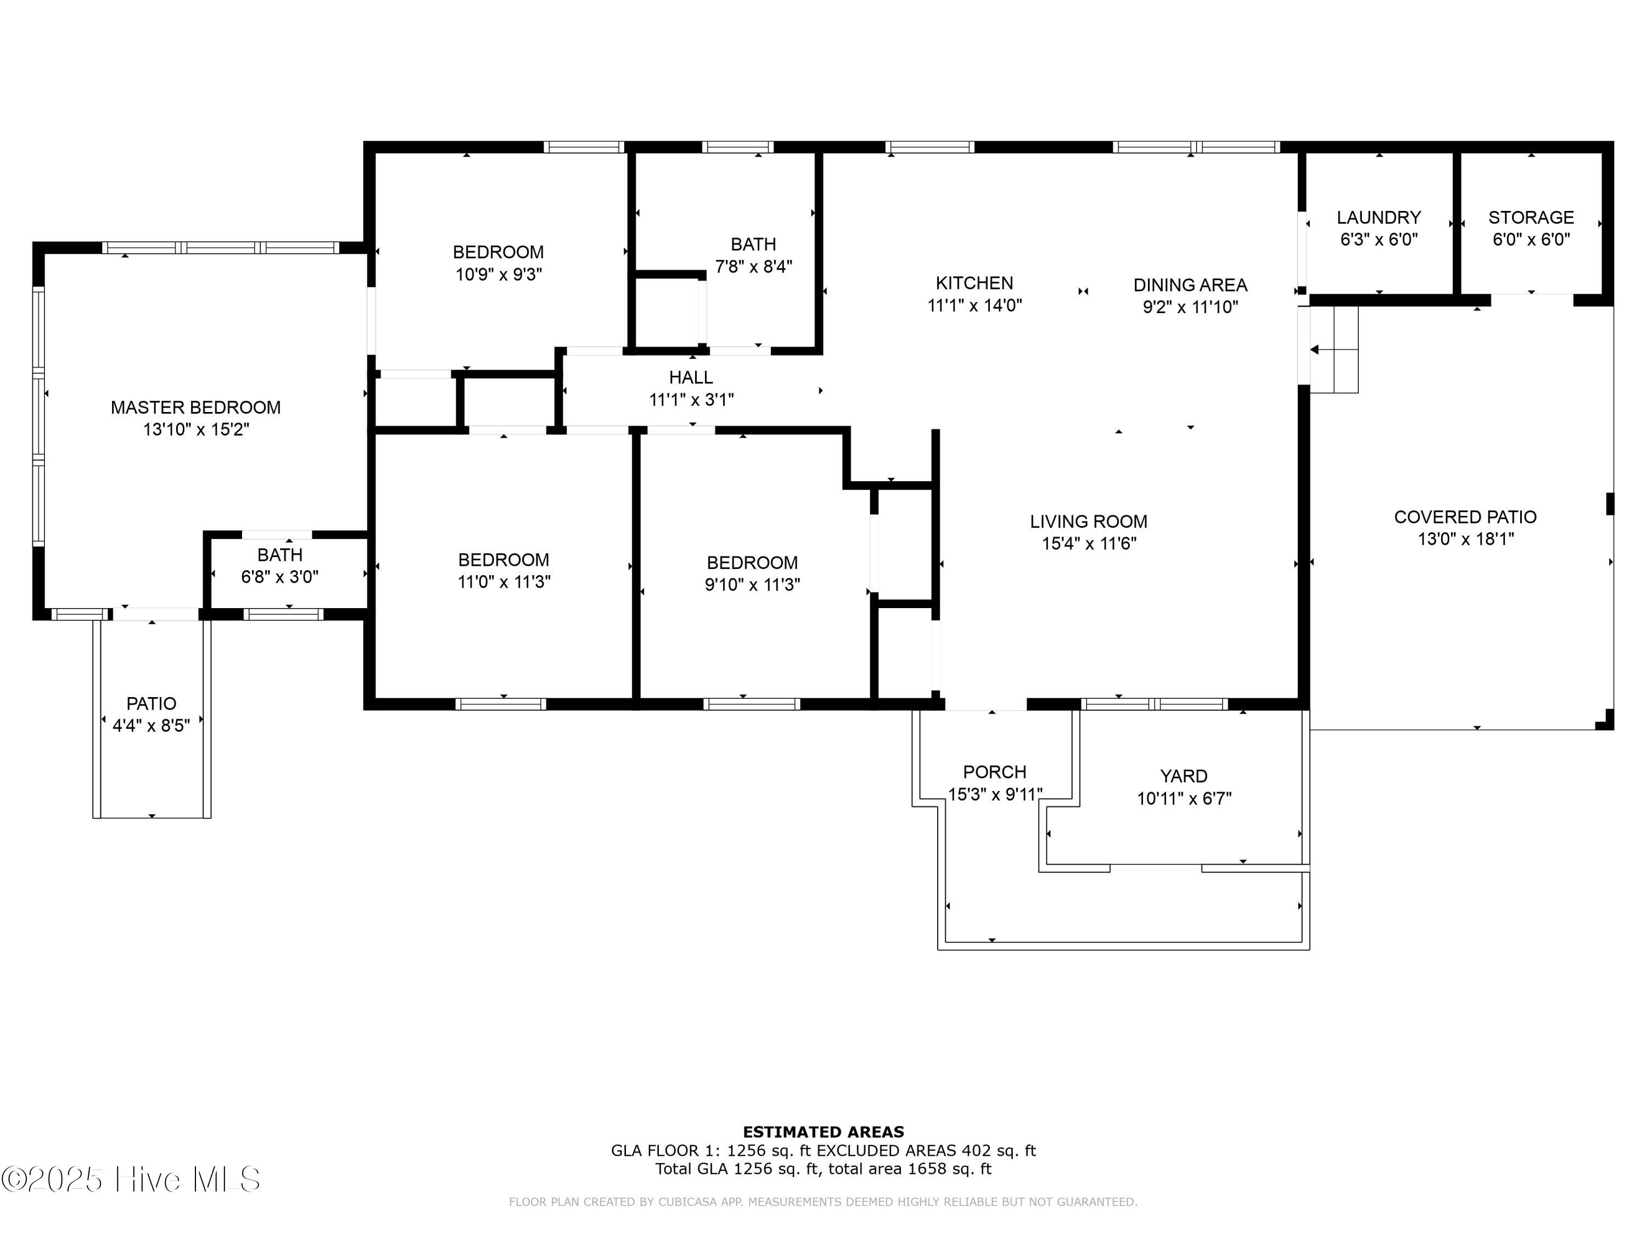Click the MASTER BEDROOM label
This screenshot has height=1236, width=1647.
(x=196, y=408)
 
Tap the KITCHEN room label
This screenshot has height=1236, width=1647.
(x=974, y=283)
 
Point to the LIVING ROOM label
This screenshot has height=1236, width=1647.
(x=1089, y=521)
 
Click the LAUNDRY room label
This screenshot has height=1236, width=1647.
(x=1379, y=218)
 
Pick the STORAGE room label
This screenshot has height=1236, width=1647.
(x=1531, y=218)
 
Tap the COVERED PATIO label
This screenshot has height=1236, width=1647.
(x=1465, y=517)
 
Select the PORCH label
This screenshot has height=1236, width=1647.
(x=995, y=772)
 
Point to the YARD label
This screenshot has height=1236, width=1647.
(x=1184, y=776)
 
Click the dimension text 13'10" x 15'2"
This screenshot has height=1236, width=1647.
(x=196, y=429)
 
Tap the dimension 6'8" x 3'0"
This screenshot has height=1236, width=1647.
(x=279, y=577)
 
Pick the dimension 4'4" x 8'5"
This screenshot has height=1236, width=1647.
(x=151, y=725)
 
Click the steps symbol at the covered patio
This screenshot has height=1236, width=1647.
(x=1334, y=349)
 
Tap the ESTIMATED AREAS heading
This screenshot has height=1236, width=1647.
(x=824, y=1132)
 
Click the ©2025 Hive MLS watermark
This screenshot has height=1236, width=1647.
(x=131, y=1179)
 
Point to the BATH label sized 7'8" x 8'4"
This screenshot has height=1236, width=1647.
(x=754, y=244)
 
